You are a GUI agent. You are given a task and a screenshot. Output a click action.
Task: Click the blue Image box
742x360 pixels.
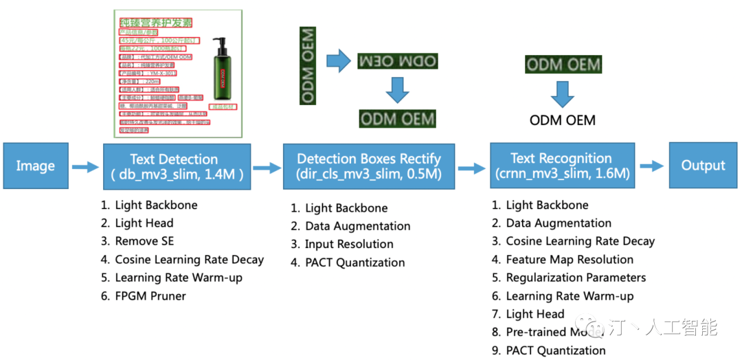pyautogui.click(x=35, y=166)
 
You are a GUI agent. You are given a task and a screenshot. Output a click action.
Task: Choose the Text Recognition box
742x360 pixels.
pyautogui.click(x=562, y=166)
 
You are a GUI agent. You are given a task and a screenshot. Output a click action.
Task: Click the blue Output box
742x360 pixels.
pyautogui.click(x=703, y=166)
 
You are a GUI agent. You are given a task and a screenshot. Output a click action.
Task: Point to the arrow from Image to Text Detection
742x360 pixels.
pyautogui.click(x=85, y=166)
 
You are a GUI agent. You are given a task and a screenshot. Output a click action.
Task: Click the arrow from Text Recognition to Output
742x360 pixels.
pyautogui.click(x=651, y=166)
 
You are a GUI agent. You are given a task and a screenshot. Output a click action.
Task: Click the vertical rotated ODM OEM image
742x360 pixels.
pyautogui.click(x=308, y=66)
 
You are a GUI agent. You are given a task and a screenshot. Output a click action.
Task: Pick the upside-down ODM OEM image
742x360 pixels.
pyautogui.click(x=397, y=61)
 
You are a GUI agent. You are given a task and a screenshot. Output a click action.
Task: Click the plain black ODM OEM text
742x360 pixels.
pyautogui.click(x=562, y=121)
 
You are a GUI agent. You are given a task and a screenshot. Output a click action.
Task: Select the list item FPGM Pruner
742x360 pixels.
pyautogui.click(x=150, y=296)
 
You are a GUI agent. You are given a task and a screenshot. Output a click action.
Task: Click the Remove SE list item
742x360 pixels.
pyautogui.click(x=144, y=241)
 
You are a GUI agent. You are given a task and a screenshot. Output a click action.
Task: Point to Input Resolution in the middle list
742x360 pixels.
pyautogui.click(x=349, y=244)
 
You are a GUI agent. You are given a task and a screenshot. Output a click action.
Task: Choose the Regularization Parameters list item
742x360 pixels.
pyautogui.click(x=576, y=278)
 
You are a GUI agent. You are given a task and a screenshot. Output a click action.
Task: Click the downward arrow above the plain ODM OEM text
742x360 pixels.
pyautogui.click(x=562, y=93)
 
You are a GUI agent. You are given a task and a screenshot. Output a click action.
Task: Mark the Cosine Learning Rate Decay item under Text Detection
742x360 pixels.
pyautogui.click(x=189, y=260)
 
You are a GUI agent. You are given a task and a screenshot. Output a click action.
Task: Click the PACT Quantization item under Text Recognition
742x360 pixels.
pyautogui.click(x=556, y=350)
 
